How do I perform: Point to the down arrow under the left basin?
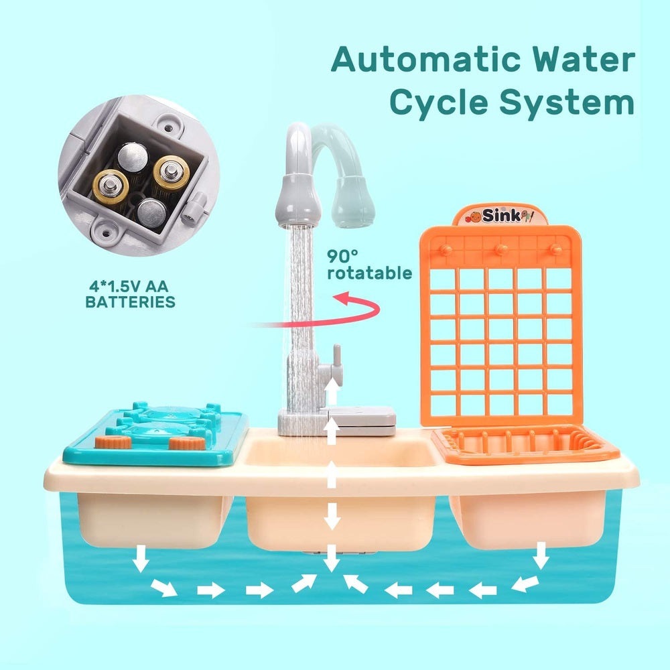[141, 558]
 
